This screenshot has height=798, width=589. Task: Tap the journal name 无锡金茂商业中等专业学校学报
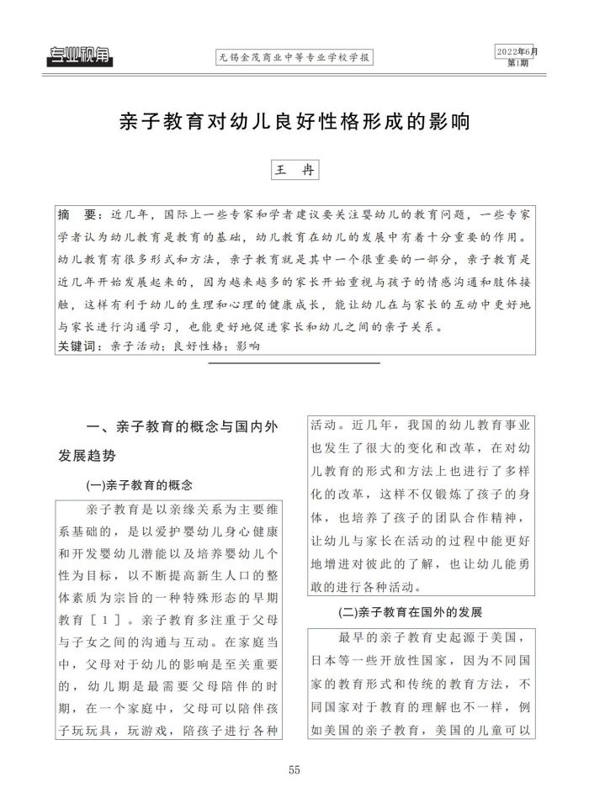coord(294,58)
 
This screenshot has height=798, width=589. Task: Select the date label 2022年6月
coord(516,50)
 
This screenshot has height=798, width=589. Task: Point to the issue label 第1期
coord(518,63)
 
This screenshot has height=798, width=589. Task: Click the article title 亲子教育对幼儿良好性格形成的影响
coord(294,119)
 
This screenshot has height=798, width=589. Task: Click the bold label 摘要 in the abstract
coord(75,213)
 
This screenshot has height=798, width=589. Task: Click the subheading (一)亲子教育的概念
coord(139,485)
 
